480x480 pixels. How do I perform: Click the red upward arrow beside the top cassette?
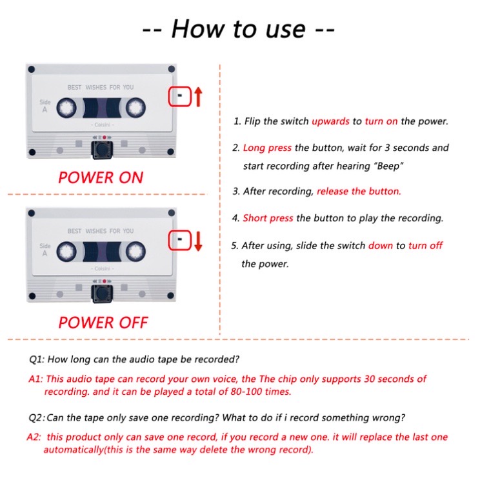pos(198,97)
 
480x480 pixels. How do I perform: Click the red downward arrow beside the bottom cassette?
pos(198,241)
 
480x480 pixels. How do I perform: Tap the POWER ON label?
pos(101,177)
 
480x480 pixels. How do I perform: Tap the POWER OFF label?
pos(103,323)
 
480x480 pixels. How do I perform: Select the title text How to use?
pos(239,29)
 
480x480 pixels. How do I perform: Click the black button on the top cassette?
pos(102,150)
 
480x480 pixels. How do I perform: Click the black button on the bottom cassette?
pos(102,294)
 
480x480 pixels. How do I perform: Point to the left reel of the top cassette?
pos(66,108)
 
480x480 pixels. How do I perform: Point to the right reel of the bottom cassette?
pos(135,252)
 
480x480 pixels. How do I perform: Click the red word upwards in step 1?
pos(330,121)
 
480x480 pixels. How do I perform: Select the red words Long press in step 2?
pos(267,148)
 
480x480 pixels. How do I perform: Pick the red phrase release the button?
pos(359,192)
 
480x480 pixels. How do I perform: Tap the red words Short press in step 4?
pos(268,218)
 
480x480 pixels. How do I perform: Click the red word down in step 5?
pos(381,246)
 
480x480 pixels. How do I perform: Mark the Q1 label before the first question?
pos(37,359)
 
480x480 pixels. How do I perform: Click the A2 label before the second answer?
pos(34,437)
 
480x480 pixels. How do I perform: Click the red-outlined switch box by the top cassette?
pos(180,96)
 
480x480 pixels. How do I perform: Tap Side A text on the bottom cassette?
pos(45,250)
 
